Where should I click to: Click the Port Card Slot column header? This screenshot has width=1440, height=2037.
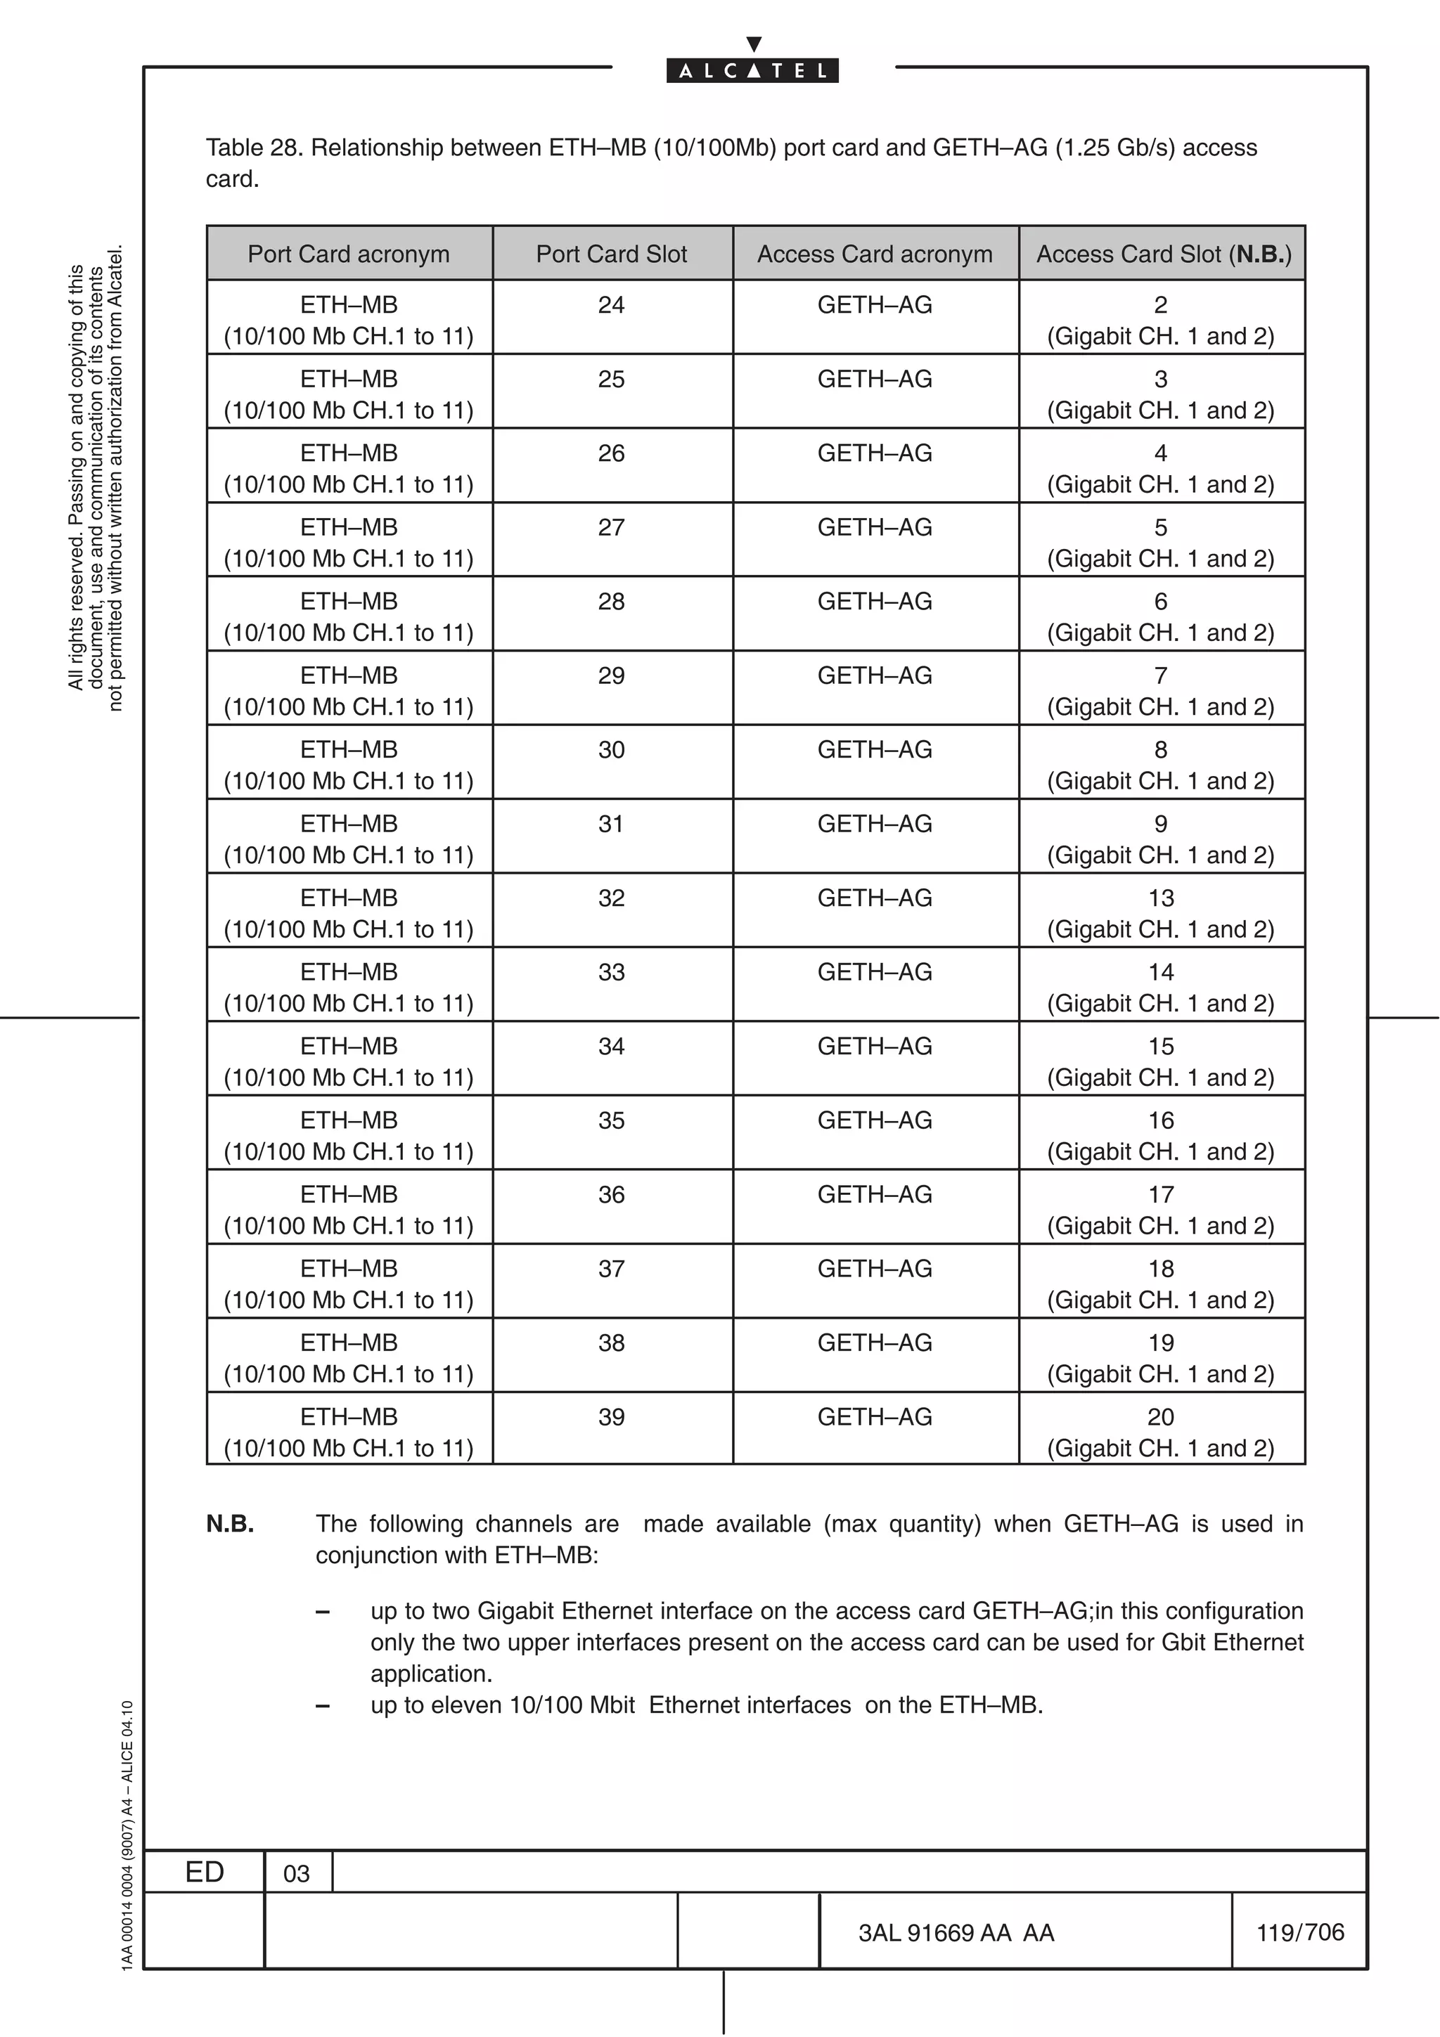(611, 254)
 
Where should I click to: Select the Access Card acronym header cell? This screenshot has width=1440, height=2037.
(874, 254)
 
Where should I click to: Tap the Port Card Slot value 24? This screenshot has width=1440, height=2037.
(611, 305)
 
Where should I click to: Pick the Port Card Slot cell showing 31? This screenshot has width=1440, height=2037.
(611, 824)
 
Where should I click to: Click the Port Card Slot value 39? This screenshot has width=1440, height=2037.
(611, 1417)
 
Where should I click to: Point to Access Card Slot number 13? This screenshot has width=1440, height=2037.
(1161, 898)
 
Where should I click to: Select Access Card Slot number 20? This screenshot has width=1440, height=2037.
(1161, 1417)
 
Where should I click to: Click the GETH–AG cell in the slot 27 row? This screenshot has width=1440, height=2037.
(874, 528)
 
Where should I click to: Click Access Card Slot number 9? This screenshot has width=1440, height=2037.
(1161, 824)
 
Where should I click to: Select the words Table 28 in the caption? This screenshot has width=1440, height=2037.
(255, 148)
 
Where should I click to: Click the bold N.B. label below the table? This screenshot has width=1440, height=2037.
(230, 1524)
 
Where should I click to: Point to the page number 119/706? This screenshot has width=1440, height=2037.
(1300, 1932)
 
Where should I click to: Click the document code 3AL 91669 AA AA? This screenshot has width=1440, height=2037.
(956, 1933)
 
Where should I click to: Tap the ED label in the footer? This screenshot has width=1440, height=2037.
(204, 1872)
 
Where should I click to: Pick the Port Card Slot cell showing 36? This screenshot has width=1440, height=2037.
(611, 1195)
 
